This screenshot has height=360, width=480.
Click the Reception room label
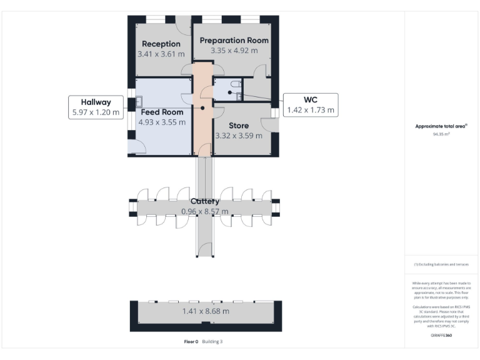pos(161,44)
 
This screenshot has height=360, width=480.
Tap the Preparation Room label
pos(234,40)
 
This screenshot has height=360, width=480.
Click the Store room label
pos(238,126)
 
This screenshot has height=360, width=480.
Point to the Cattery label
pos(204,201)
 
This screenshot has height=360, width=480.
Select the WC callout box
pos(311,104)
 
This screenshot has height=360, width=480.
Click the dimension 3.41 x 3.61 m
pos(161,54)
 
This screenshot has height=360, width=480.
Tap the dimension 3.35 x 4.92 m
pos(234,51)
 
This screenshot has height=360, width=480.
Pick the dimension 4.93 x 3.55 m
pos(162,122)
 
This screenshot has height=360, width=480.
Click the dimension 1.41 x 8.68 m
pos(205,311)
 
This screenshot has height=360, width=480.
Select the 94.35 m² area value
pos(441,134)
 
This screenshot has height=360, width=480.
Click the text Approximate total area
pos(441,126)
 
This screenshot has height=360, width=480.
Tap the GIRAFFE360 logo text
pos(441,336)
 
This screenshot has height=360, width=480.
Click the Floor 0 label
pos(191,341)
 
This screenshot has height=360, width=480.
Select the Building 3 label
pos(212,341)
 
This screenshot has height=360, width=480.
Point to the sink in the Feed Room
pos(139,101)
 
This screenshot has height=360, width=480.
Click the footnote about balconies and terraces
pos(441,264)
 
